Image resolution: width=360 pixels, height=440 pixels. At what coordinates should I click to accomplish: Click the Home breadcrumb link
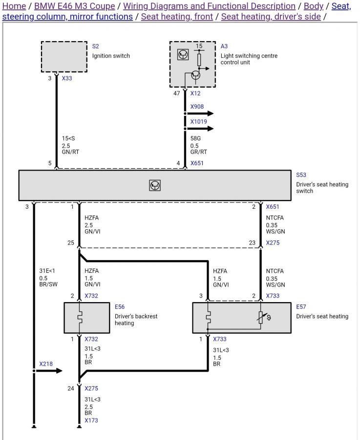coord(14,6)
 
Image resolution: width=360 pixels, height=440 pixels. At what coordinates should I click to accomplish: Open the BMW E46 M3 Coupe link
coord(75,6)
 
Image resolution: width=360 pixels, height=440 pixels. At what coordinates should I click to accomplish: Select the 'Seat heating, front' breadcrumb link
coord(177,17)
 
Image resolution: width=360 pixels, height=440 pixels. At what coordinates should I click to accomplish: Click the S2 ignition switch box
coord(64,57)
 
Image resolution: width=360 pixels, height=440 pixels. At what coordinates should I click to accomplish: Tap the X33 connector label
coord(67,78)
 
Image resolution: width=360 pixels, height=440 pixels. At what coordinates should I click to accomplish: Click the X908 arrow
coord(199,113)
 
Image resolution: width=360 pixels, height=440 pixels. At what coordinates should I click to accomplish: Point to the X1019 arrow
coord(199,129)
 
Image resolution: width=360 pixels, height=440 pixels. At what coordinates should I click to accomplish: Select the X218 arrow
coord(48,371)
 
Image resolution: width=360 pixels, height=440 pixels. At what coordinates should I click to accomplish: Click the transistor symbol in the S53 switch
coord(155,185)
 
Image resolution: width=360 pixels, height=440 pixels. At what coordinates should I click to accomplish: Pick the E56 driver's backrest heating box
coord(87,318)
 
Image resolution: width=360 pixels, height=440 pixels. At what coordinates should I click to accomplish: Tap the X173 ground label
coord(91,420)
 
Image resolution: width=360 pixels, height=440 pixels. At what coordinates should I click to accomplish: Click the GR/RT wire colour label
coord(199,152)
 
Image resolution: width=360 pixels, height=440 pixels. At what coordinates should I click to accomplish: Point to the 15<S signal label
coord(68,138)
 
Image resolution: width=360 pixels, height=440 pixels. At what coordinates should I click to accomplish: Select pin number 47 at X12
coord(177,93)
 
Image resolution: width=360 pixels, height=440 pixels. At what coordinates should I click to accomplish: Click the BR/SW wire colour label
coord(48,284)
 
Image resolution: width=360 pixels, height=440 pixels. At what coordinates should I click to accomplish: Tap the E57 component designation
coord(301,307)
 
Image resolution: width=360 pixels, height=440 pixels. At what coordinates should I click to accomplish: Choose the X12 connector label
coord(195,93)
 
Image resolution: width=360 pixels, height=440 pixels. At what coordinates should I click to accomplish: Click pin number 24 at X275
coord(71,388)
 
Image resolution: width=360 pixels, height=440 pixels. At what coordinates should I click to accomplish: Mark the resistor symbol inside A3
coord(199,59)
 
